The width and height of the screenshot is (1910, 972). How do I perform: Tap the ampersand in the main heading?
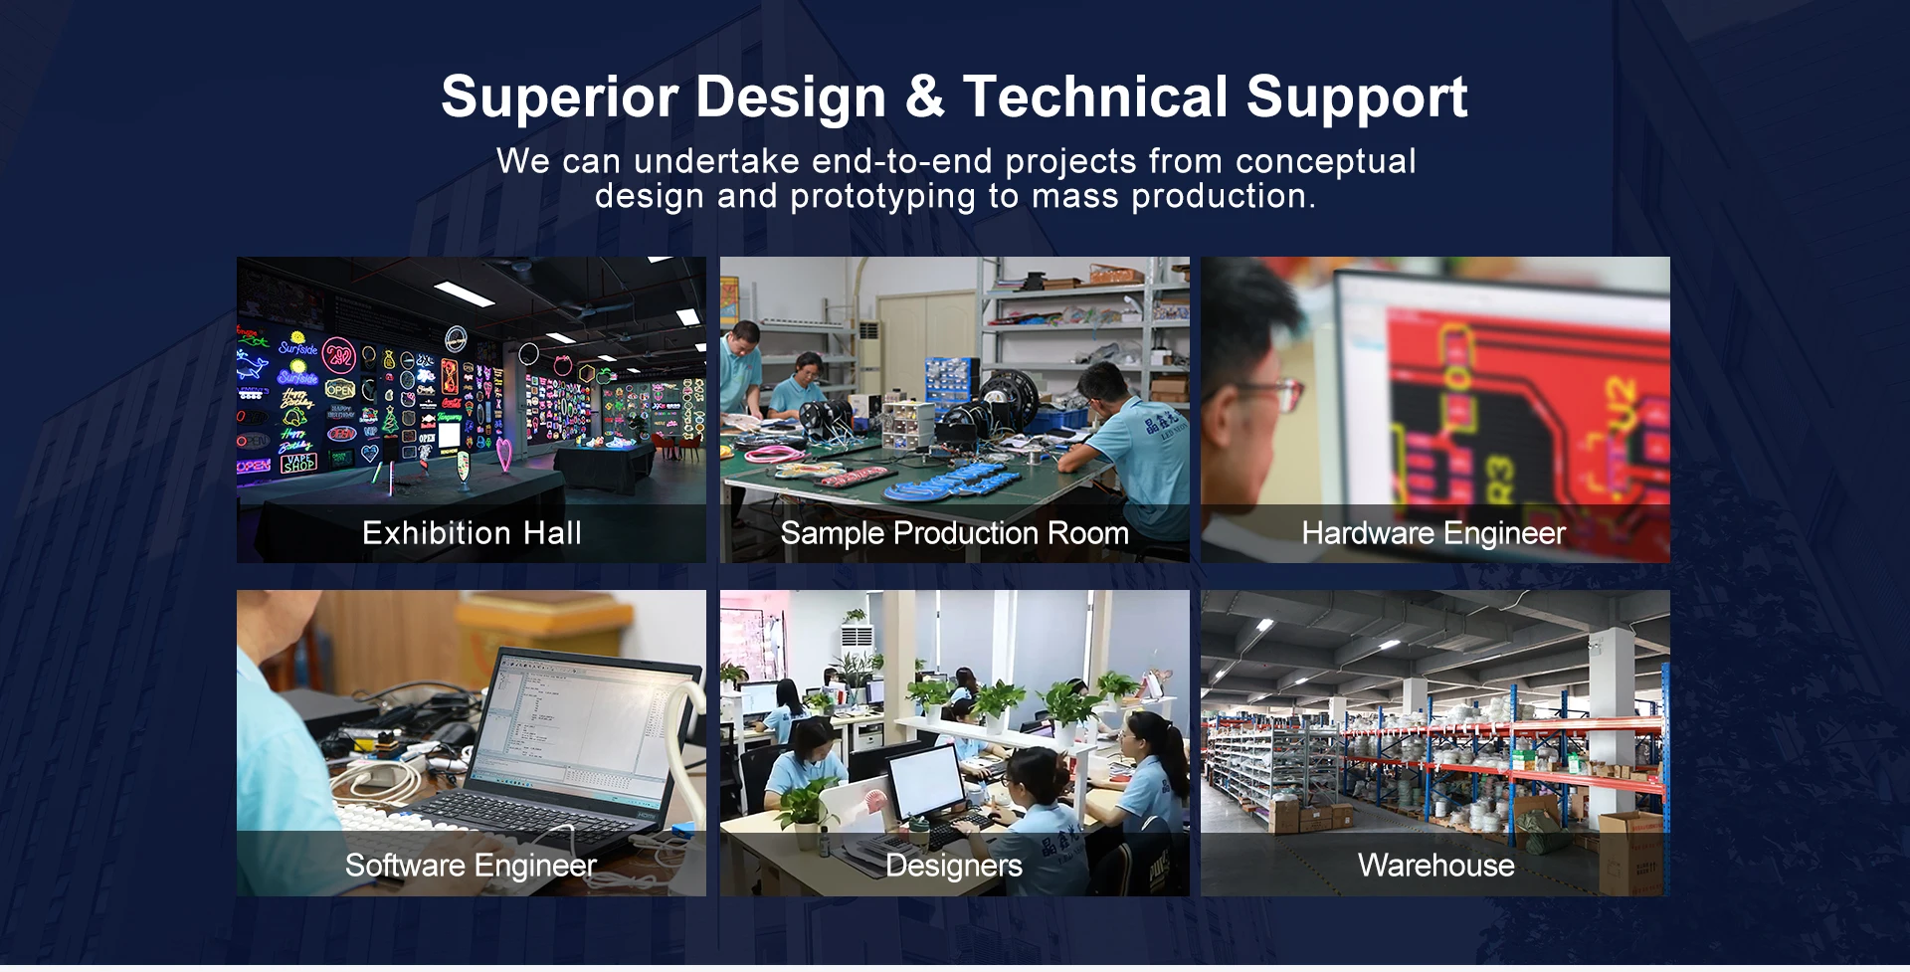[x=924, y=97]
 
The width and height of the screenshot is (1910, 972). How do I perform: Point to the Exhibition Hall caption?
[x=472, y=533]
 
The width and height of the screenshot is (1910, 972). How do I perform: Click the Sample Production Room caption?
[x=954, y=533]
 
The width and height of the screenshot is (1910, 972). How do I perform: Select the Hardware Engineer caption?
[x=1433, y=533]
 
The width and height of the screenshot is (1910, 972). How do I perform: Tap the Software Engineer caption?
[x=471, y=866]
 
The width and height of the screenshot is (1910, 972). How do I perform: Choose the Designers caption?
[x=953, y=866]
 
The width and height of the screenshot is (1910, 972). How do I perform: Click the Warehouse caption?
[x=1436, y=866]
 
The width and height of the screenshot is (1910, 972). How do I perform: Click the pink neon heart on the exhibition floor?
[x=505, y=456]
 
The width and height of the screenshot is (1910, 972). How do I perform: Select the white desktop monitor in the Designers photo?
[x=925, y=782]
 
